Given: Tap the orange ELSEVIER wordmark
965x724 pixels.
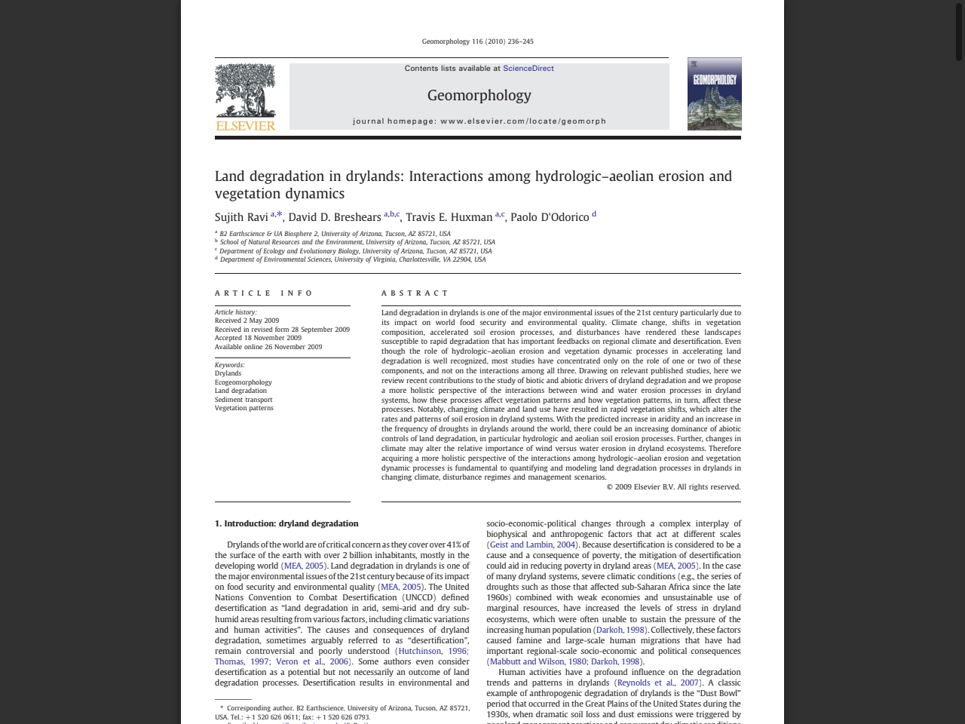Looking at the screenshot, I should tap(246, 126).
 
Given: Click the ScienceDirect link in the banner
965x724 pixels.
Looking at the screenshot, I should tap(528, 69).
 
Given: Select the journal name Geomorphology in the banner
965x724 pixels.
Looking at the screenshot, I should tap(479, 96).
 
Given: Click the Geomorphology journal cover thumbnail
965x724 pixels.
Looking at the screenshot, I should tap(714, 94).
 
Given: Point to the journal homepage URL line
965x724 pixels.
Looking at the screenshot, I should tap(479, 121).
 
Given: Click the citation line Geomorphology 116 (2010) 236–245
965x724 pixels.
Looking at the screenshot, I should tap(477, 41).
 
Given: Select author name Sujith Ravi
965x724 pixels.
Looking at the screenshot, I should tap(241, 217).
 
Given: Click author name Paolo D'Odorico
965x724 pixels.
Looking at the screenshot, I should tap(550, 217).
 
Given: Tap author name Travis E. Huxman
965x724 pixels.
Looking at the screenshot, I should tap(449, 217).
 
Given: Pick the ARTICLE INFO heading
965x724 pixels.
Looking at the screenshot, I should tap(264, 293).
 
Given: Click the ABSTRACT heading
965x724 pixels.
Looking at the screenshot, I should tap(415, 293).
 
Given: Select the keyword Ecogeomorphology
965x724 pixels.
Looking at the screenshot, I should tap(243, 382).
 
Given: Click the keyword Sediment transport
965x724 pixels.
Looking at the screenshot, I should tap(244, 400).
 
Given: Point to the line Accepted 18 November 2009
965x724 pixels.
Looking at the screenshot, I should tap(258, 338).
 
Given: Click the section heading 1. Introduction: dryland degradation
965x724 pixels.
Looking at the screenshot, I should tap(286, 523).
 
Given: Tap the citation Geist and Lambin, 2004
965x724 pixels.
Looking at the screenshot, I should tap(532, 545).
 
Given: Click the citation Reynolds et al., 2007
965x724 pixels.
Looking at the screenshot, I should tap(658, 683).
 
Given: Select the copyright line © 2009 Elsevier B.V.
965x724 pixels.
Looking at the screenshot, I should tap(673, 487).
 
